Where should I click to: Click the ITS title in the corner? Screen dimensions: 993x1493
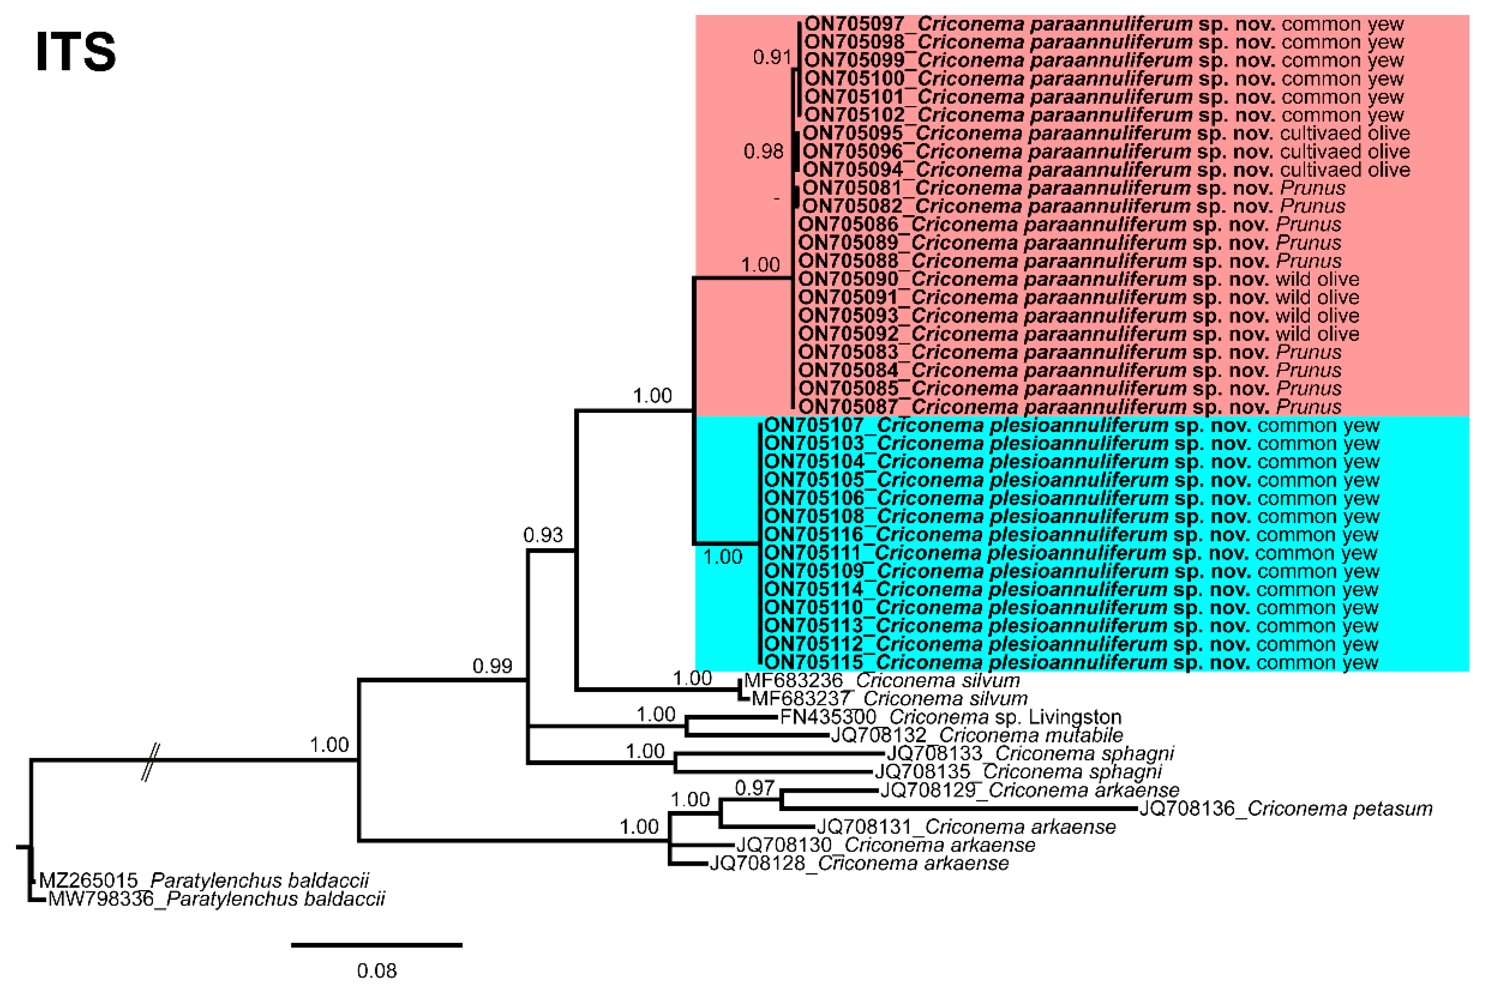(76, 52)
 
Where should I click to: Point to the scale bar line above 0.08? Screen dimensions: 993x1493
(377, 945)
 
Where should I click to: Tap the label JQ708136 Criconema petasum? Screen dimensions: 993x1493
(1286, 809)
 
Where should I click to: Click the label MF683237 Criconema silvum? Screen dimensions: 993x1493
(889, 698)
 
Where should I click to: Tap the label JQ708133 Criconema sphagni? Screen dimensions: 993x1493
(1030, 754)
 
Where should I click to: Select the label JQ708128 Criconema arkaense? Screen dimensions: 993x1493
(859, 863)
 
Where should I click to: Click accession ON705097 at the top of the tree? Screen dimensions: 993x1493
(854, 24)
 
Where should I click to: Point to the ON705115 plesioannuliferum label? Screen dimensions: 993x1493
(1071, 662)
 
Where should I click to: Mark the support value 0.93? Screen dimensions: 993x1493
(543, 535)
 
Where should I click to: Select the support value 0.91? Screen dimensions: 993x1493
(772, 58)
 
